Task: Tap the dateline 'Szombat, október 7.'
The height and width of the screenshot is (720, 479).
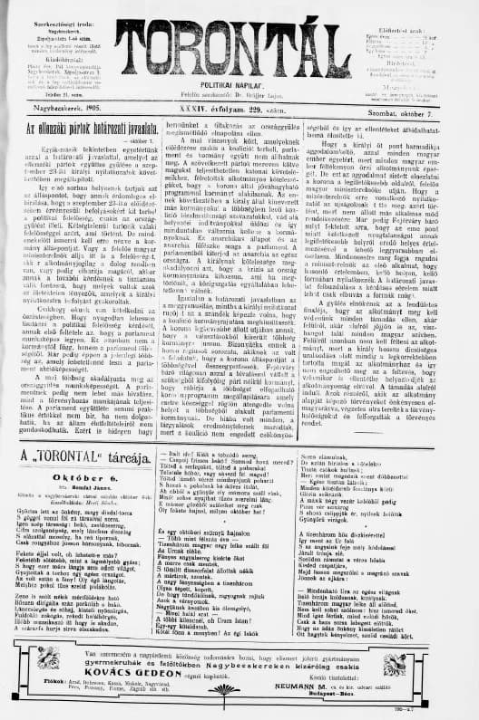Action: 427,111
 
